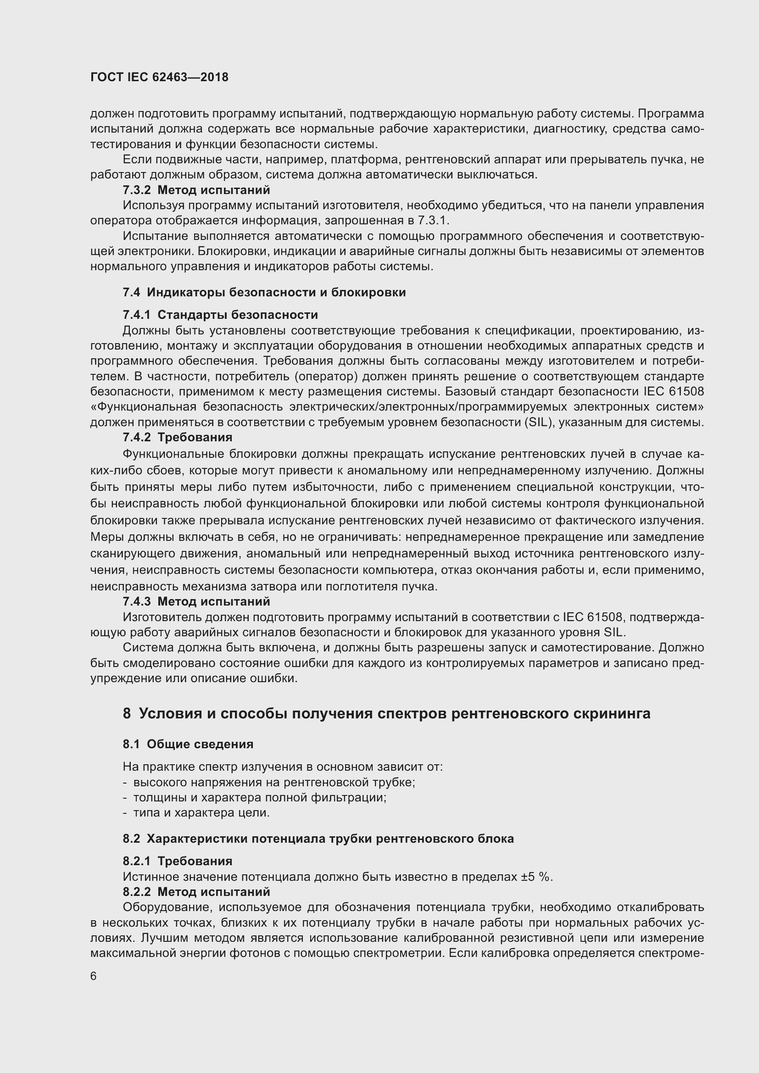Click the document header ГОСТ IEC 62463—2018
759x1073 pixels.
pos(159,77)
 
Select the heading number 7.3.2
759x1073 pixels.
pos(136,190)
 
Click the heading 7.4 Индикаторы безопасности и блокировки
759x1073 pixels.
pos(264,293)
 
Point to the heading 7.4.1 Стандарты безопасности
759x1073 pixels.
pos(220,315)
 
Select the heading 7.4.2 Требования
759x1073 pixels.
pos(178,438)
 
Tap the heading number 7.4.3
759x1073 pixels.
pos(136,601)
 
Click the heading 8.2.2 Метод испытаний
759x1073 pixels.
pos(196,892)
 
